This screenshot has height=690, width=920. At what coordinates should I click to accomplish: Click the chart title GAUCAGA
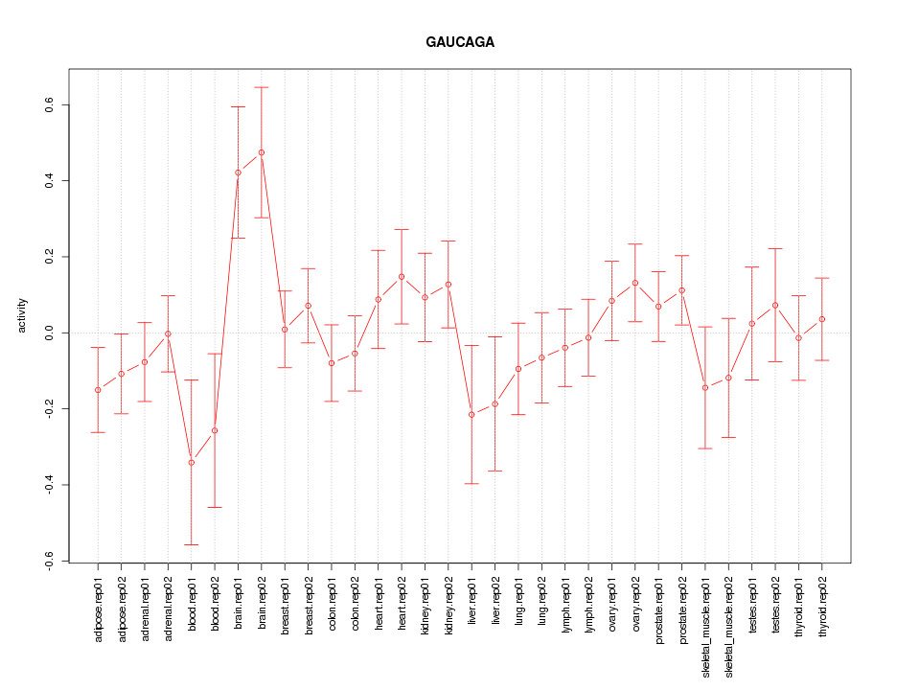[x=460, y=43]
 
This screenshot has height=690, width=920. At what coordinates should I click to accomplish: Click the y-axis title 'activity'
[x=21, y=315]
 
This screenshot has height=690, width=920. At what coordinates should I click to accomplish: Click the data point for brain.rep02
[x=262, y=152]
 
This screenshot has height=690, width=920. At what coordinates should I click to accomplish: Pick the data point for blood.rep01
[x=192, y=463]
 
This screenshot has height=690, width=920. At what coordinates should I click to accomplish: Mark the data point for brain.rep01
[x=239, y=172]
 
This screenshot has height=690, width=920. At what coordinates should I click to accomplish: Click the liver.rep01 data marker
[x=471, y=414]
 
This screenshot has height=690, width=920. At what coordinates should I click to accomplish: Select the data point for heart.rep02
[x=402, y=277]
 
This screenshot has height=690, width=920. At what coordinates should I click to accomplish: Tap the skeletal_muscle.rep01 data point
[x=705, y=387]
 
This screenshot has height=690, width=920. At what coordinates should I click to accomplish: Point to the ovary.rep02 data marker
[x=635, y=283]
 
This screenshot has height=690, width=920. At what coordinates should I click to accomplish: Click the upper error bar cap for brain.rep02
[x=262, y=87]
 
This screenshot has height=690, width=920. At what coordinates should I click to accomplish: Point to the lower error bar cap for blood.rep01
[x=192, y=544]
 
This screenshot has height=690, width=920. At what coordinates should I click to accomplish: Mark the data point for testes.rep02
[x=775, y=305]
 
